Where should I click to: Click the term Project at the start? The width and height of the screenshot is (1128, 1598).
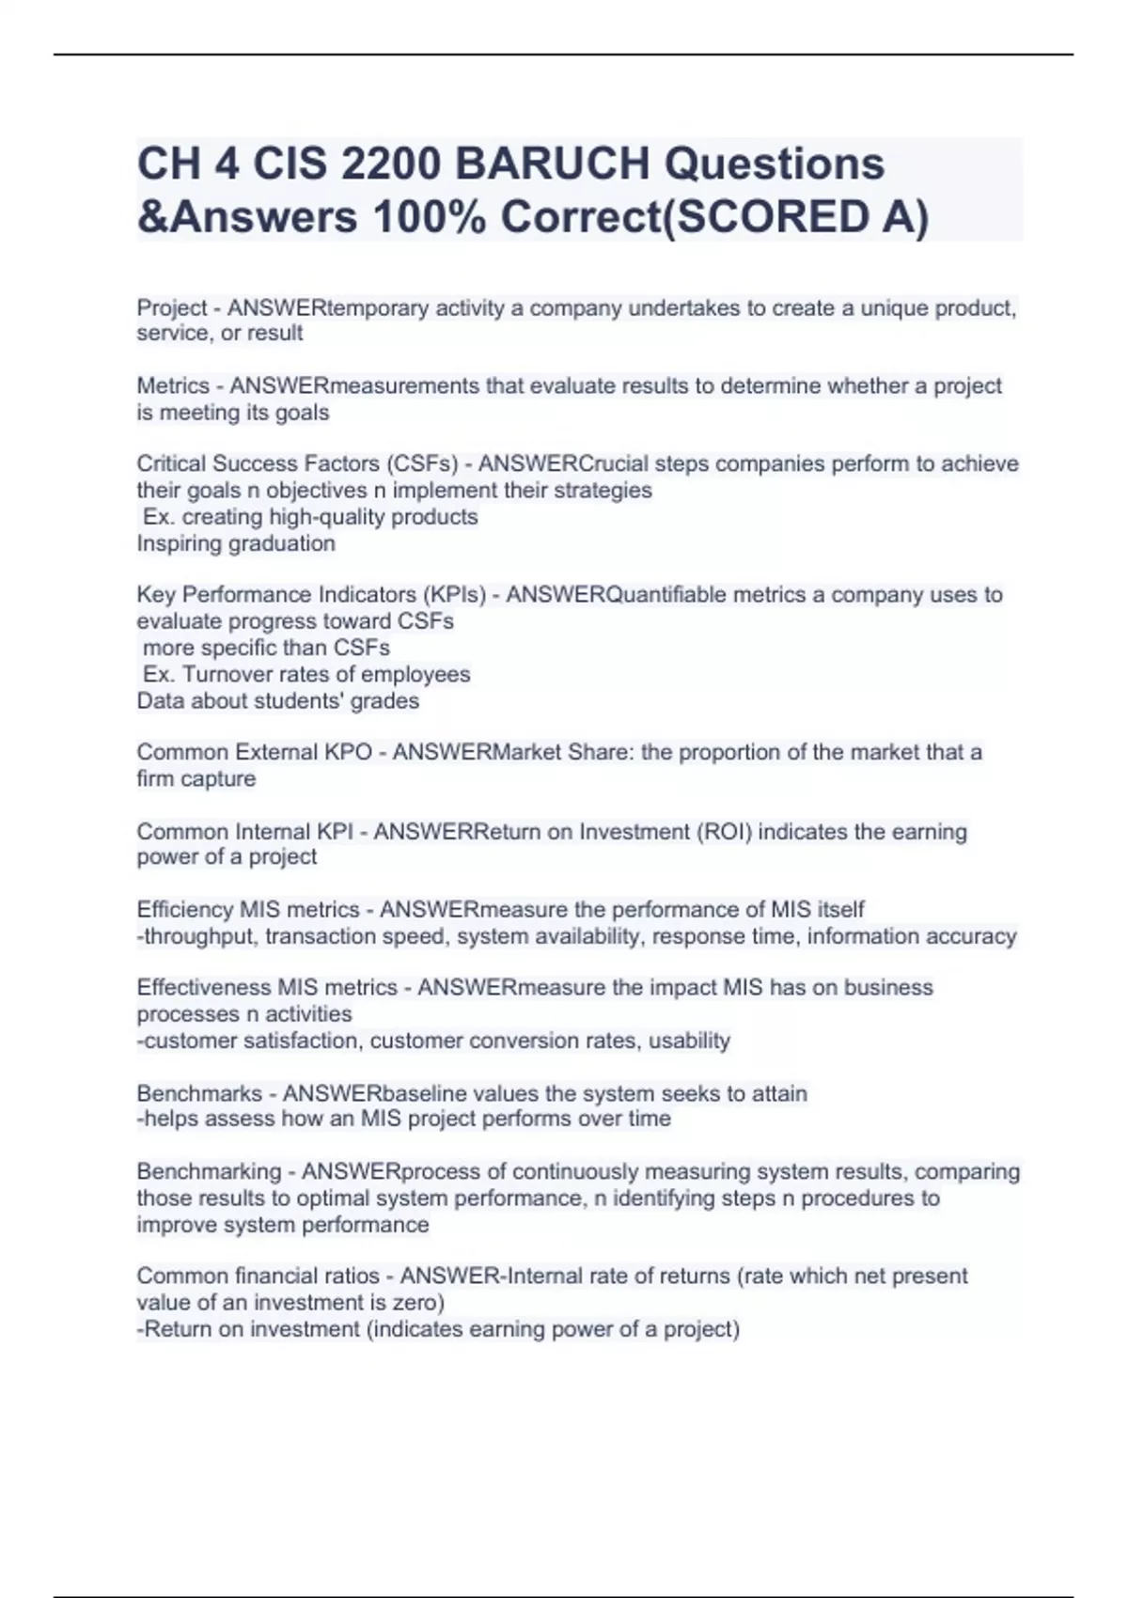(172, 308)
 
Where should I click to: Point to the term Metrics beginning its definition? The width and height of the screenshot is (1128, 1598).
(173, 386)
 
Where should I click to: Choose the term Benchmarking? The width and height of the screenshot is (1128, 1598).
(209, 1172)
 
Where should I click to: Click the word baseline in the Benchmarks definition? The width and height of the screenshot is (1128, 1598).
(425, 1094)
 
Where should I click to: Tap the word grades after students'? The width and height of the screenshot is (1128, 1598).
(386, 701)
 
